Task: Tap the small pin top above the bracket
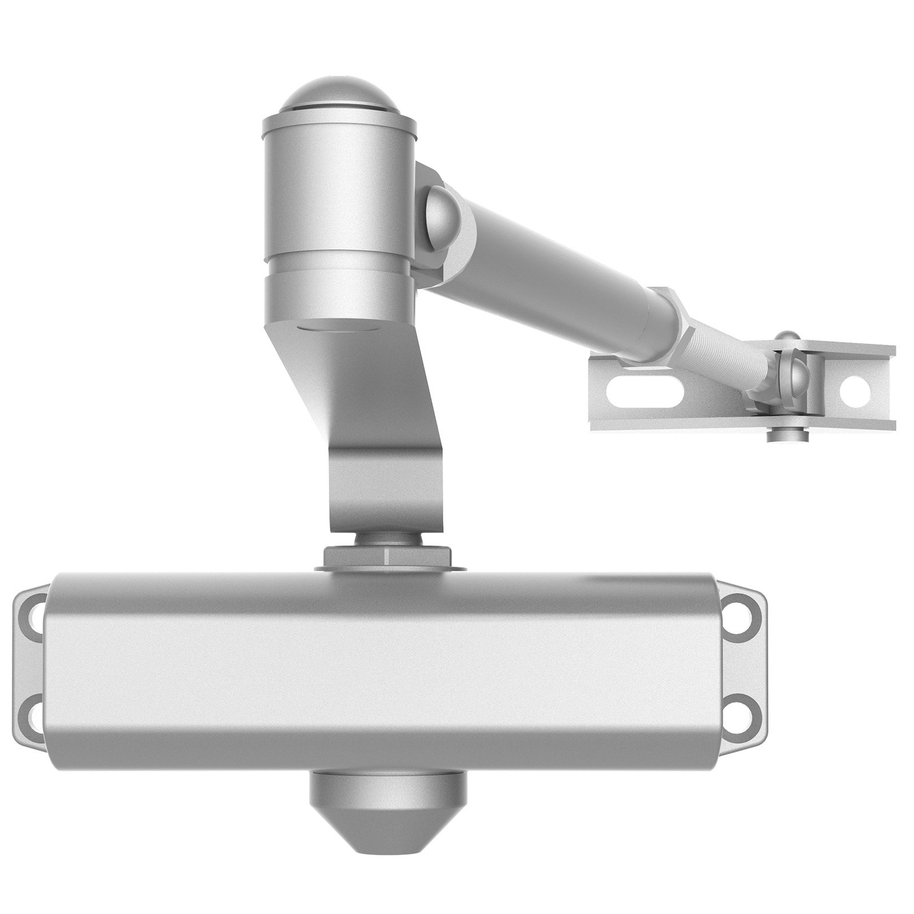pyautogui.click(x=788, y=337)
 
